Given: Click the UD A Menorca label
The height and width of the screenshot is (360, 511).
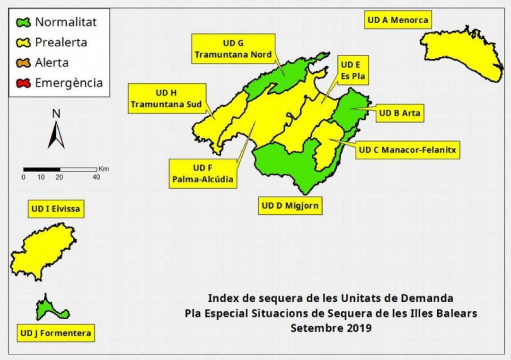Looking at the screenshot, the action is point(397,20).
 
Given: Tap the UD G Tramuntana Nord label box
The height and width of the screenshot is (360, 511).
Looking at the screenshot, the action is point(233,49).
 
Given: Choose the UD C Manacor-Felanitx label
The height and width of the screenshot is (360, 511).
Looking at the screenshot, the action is point(407,150).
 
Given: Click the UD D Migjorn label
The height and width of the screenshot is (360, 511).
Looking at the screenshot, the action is point(290,206).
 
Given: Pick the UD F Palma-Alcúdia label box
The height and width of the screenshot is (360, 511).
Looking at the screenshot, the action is point(203,174).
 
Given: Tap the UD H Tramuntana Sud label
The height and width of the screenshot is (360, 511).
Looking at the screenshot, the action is point(166,98).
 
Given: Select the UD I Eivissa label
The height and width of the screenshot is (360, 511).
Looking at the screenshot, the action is point(56,209).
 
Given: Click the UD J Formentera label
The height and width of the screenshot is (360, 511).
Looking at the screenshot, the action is point(55,333).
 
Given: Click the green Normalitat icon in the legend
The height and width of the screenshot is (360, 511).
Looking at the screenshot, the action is point(23,22).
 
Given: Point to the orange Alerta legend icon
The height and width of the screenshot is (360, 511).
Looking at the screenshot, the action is point(23,63).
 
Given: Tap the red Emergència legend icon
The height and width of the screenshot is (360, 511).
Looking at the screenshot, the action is point(23,83).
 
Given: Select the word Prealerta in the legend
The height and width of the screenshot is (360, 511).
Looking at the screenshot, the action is point(61,43).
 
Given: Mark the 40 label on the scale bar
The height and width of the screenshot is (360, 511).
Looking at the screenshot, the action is point(96,177).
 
